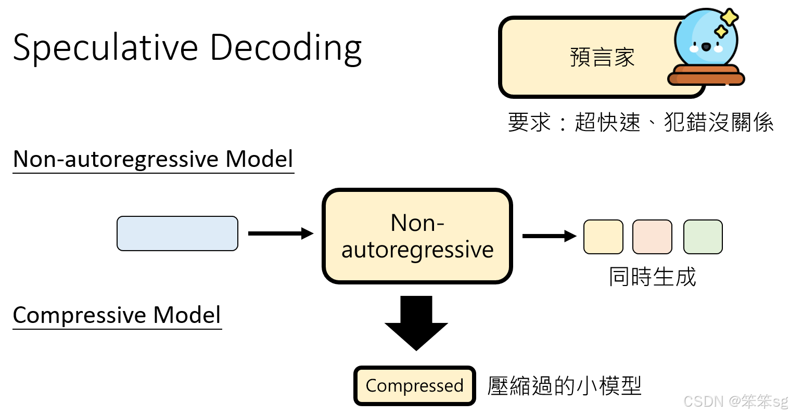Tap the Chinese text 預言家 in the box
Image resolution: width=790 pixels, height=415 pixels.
coord(602,57)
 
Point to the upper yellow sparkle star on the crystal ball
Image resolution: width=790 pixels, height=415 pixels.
coord(729,17)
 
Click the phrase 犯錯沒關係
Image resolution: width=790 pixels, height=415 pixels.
coord(719,123)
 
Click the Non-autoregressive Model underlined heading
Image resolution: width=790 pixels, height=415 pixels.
coord(153,159)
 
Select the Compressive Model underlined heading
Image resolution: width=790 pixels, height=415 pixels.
coord(117,315)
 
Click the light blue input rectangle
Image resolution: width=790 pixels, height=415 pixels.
coord(177,234)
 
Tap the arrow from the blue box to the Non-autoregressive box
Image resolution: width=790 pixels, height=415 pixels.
coord(281,234)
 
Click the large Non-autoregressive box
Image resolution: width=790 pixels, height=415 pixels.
coord(417,236)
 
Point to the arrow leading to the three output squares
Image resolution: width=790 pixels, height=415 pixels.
coord(549,236)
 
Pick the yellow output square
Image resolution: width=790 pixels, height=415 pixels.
coord(603,237)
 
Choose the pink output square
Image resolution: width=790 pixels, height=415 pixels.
coord(652,237)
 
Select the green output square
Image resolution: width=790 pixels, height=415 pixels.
coord(703,237)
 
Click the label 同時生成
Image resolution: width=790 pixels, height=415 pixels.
coord(652,277)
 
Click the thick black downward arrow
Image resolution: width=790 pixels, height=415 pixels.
coord(416,322)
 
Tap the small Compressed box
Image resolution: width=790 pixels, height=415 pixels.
coord(415,386)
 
